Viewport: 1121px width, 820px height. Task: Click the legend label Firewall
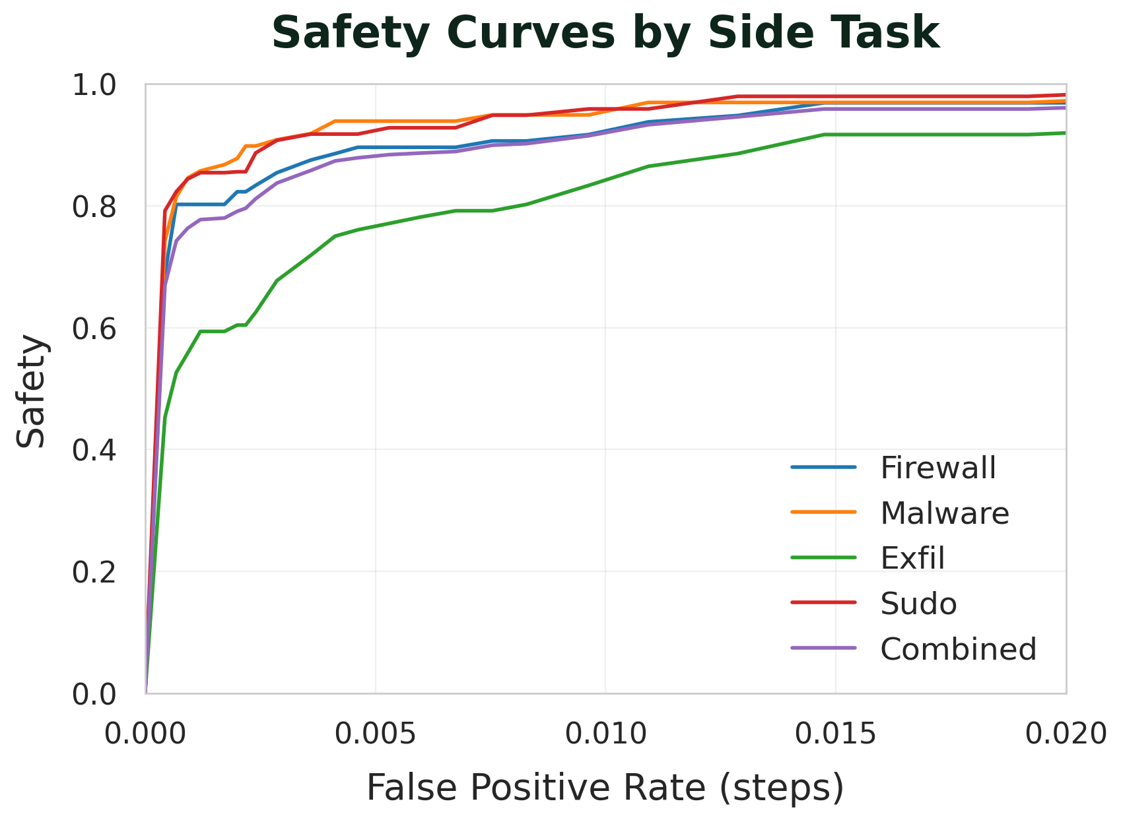coord(937,468)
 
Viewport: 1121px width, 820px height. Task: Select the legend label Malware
coord(944,513)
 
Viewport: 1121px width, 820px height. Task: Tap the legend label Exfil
coord(912,558)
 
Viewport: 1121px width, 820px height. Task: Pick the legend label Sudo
coord(918,604)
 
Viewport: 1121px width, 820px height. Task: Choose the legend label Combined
coord(958,649)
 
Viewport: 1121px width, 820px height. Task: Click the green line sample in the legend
coord(823,558)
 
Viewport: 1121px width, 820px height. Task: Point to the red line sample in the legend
coord(823,604)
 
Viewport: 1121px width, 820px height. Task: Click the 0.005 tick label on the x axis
coord(375,733)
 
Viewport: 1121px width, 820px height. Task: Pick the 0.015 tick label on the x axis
coord(835,733)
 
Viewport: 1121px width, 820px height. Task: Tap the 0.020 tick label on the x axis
coord(1064,733)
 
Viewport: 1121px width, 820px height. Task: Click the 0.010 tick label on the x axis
coord(605,733)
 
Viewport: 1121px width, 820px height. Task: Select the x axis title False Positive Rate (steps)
coord(605,788)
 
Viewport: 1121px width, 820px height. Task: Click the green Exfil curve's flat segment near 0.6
coord(213,331)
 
